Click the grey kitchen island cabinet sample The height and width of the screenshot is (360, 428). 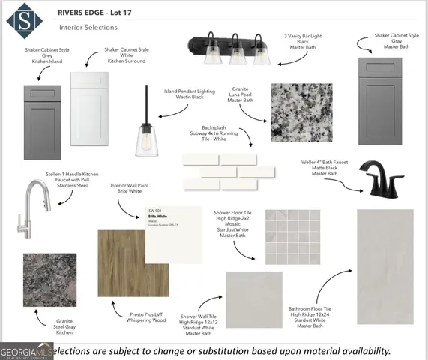[x=49, y=121]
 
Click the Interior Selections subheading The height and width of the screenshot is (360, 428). [x=88, y=28]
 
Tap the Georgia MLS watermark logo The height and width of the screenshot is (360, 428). [x=25, y=351]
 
